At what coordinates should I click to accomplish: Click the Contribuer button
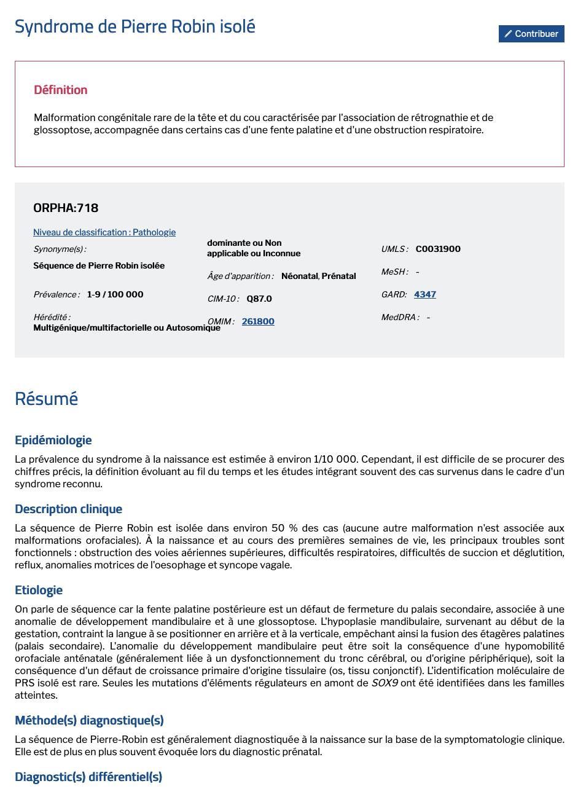[x=531, y=34]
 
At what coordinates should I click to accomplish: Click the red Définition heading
[x=61, y=90]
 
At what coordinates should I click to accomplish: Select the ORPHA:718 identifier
[x=66, y=208]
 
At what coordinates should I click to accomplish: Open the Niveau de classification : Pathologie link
[x=104, y=232]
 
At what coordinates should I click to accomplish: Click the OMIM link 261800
[x=258, y=321]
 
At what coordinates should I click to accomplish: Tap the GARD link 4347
[x=425, y=294]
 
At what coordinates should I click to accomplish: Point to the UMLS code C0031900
[x=438, y=249]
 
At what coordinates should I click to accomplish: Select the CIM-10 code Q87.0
[x=259, y=299]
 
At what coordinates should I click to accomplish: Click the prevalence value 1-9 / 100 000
[x=115, y=294]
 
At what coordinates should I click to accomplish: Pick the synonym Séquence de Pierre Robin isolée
[x=99, y=265]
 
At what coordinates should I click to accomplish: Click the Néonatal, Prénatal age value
[x=319, y=276]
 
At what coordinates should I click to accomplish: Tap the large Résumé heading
[x=47, y=399]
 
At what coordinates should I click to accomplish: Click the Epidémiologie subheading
[x=53, y=440]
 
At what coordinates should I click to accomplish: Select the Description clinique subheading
[x=69, y=509]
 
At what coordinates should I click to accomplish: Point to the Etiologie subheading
[x=39, y=590]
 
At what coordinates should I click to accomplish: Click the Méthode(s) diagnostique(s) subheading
[x=89, y=720]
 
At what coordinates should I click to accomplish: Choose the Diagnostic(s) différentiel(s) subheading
[x=88, y=777]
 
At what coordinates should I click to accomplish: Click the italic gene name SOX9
[x=385, y=683]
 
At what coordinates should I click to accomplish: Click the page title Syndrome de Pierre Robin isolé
[x=135, y=26]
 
